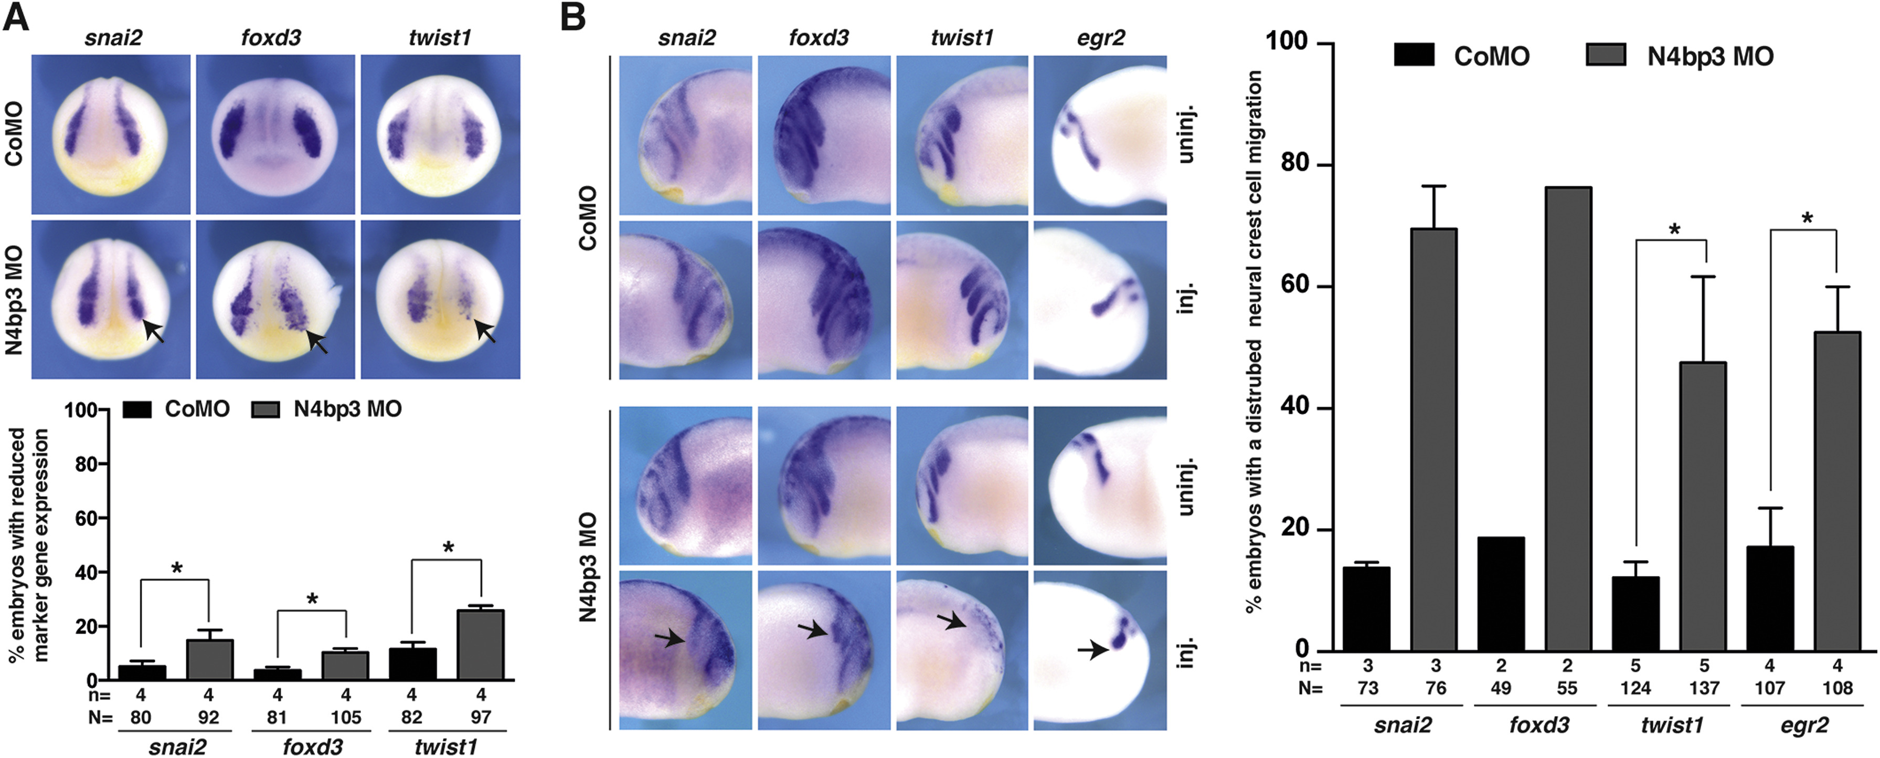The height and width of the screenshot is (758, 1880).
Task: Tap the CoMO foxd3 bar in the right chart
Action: pos(1501,594)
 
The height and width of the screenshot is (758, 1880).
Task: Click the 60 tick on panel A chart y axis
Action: pos(86,519)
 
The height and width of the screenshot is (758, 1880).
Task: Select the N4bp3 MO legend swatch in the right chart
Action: pos(1606,56)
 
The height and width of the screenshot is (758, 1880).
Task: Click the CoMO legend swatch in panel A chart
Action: pos(136,409)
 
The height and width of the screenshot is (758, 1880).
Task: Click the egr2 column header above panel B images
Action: pos(1101,38)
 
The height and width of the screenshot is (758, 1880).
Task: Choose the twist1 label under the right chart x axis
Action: pos(1671,725)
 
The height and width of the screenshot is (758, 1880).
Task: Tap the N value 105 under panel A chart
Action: pos(346,717)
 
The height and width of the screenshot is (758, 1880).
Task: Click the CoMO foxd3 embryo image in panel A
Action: pos(275,134)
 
